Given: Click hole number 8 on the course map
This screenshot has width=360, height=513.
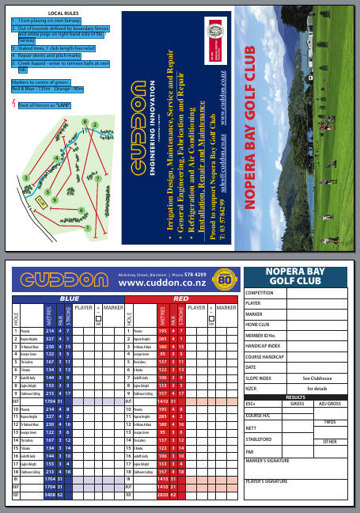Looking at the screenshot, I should tap(85, 120).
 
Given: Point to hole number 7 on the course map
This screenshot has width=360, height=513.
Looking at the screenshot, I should tap(97, 178).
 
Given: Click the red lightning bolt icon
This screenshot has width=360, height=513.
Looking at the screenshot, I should tap(12, 103).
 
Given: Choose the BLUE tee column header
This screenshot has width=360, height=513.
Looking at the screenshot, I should tap(68, 298).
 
